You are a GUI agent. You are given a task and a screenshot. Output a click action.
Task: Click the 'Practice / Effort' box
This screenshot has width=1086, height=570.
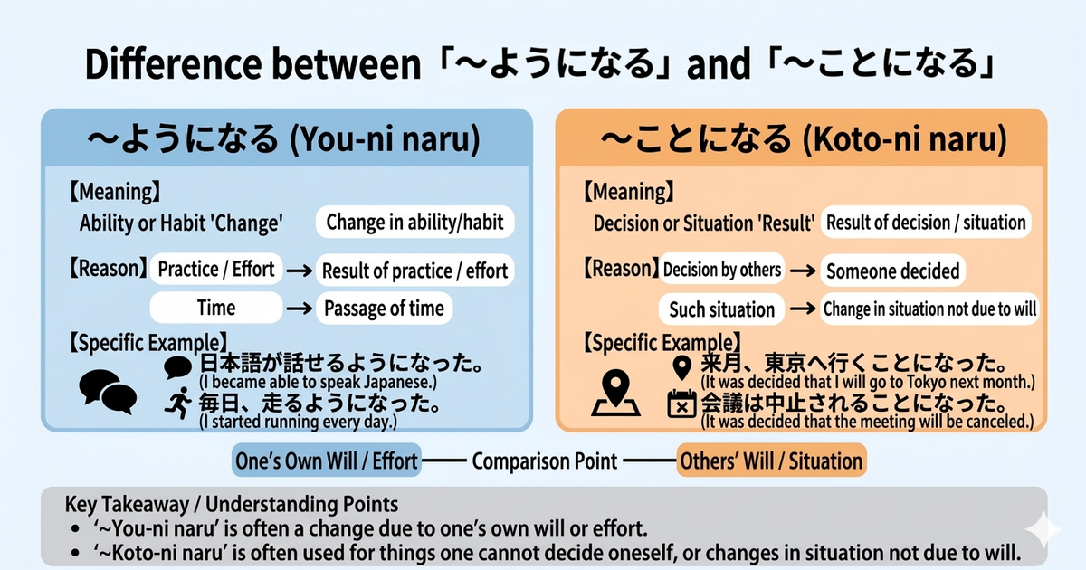coord(217,269)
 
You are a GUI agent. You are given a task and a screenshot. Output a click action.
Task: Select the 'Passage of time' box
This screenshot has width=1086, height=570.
coord(384,308)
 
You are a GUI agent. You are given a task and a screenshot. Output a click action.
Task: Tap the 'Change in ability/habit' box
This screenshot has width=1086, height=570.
coord(414,222)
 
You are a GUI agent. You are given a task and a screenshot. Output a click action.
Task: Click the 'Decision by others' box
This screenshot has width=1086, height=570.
coord(721,269)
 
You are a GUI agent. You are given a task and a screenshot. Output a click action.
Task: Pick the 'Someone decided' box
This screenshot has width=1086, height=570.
coord(892,271)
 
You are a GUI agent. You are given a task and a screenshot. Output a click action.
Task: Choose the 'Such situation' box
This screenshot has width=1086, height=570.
coord(721,309)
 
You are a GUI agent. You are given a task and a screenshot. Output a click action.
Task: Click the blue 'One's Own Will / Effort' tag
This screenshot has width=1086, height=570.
coord(326,461)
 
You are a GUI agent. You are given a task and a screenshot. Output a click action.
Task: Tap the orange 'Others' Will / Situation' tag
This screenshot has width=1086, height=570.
coord(771,461)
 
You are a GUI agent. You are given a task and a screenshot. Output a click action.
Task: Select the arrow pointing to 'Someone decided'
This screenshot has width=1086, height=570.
coord(799,270)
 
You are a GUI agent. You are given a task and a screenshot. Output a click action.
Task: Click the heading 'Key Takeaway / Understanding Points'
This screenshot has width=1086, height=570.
coord(232,504)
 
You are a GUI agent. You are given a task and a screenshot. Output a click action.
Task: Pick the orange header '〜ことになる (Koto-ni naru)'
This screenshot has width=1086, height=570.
coord(801,140)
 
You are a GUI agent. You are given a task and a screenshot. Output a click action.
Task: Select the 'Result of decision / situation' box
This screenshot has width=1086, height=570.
coord(926,223)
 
